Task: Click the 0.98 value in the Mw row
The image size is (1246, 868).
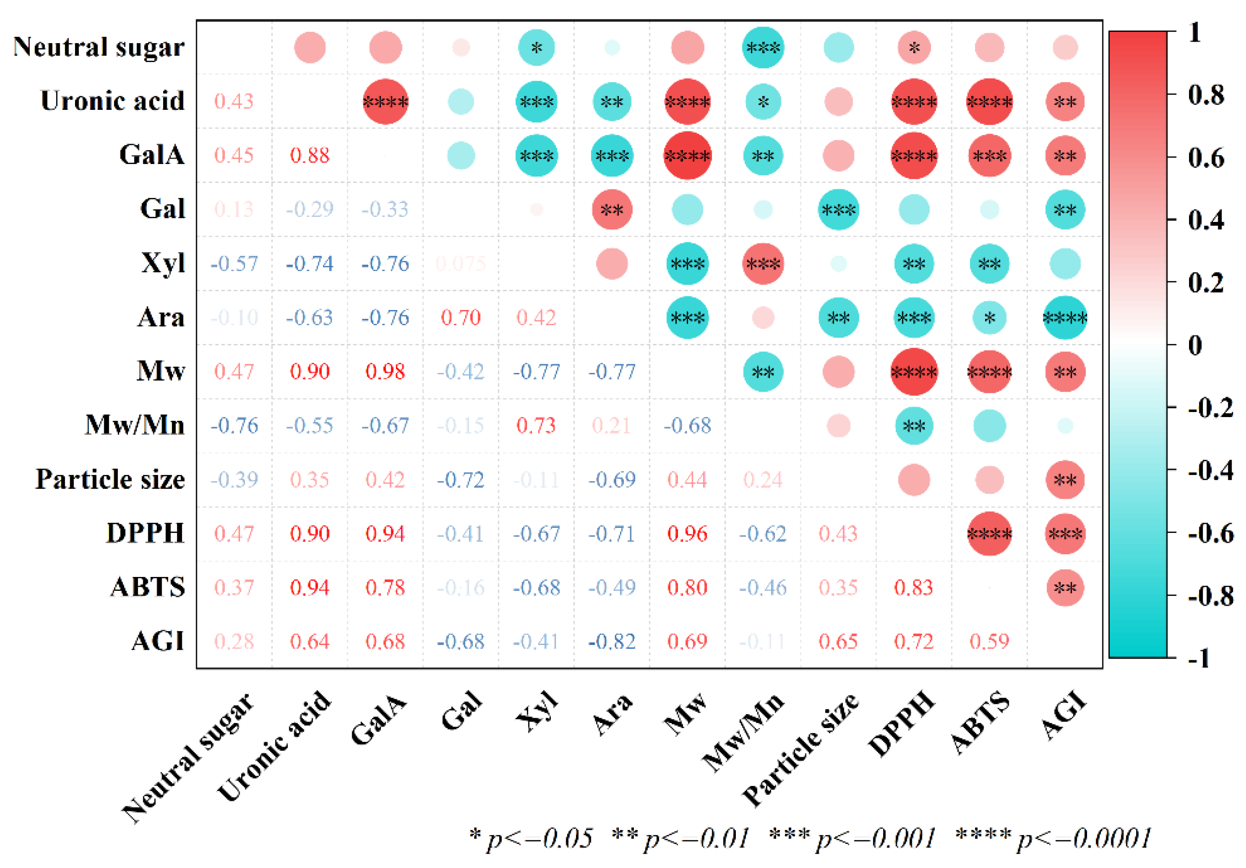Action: coord(385,372)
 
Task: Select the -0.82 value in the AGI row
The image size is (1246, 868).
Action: coord(612,642)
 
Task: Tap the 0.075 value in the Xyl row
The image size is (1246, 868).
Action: coord(460,264)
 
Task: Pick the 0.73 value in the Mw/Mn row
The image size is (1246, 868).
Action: coord(536,425)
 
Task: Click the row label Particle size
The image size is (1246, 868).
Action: coord(110,479)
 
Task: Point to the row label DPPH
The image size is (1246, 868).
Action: coord(145,533)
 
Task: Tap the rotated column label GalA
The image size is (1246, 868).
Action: coord(378,719)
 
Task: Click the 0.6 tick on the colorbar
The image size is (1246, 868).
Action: coord(1206,158)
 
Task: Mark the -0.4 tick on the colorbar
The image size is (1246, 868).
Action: coord(1210,470)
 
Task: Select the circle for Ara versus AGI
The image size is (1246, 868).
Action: coord(1065,317)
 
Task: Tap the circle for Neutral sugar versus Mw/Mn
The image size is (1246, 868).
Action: coord(762,48)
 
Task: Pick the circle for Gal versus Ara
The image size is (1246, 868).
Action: coord(612,209)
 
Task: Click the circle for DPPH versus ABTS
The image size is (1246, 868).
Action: coord(989,533)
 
